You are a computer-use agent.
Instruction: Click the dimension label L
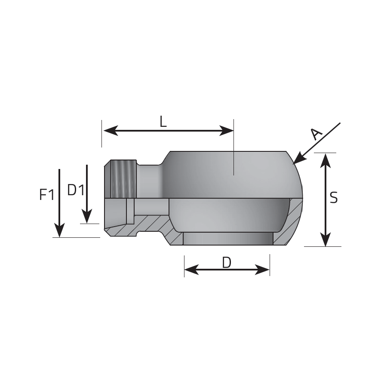tap(163, 122)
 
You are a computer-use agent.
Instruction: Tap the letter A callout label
tap(316, 134)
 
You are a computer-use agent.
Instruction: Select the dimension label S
tap(334, 198)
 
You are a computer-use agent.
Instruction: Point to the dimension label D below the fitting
tap(227, 262)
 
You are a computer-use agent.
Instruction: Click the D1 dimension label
tap(76, 190)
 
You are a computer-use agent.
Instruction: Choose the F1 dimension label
tap(47, 194)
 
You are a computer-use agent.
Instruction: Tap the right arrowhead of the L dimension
tap(226, 131)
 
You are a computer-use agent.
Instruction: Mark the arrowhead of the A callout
tap(299, 158)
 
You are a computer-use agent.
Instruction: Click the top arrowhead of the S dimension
tap(326, 161)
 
